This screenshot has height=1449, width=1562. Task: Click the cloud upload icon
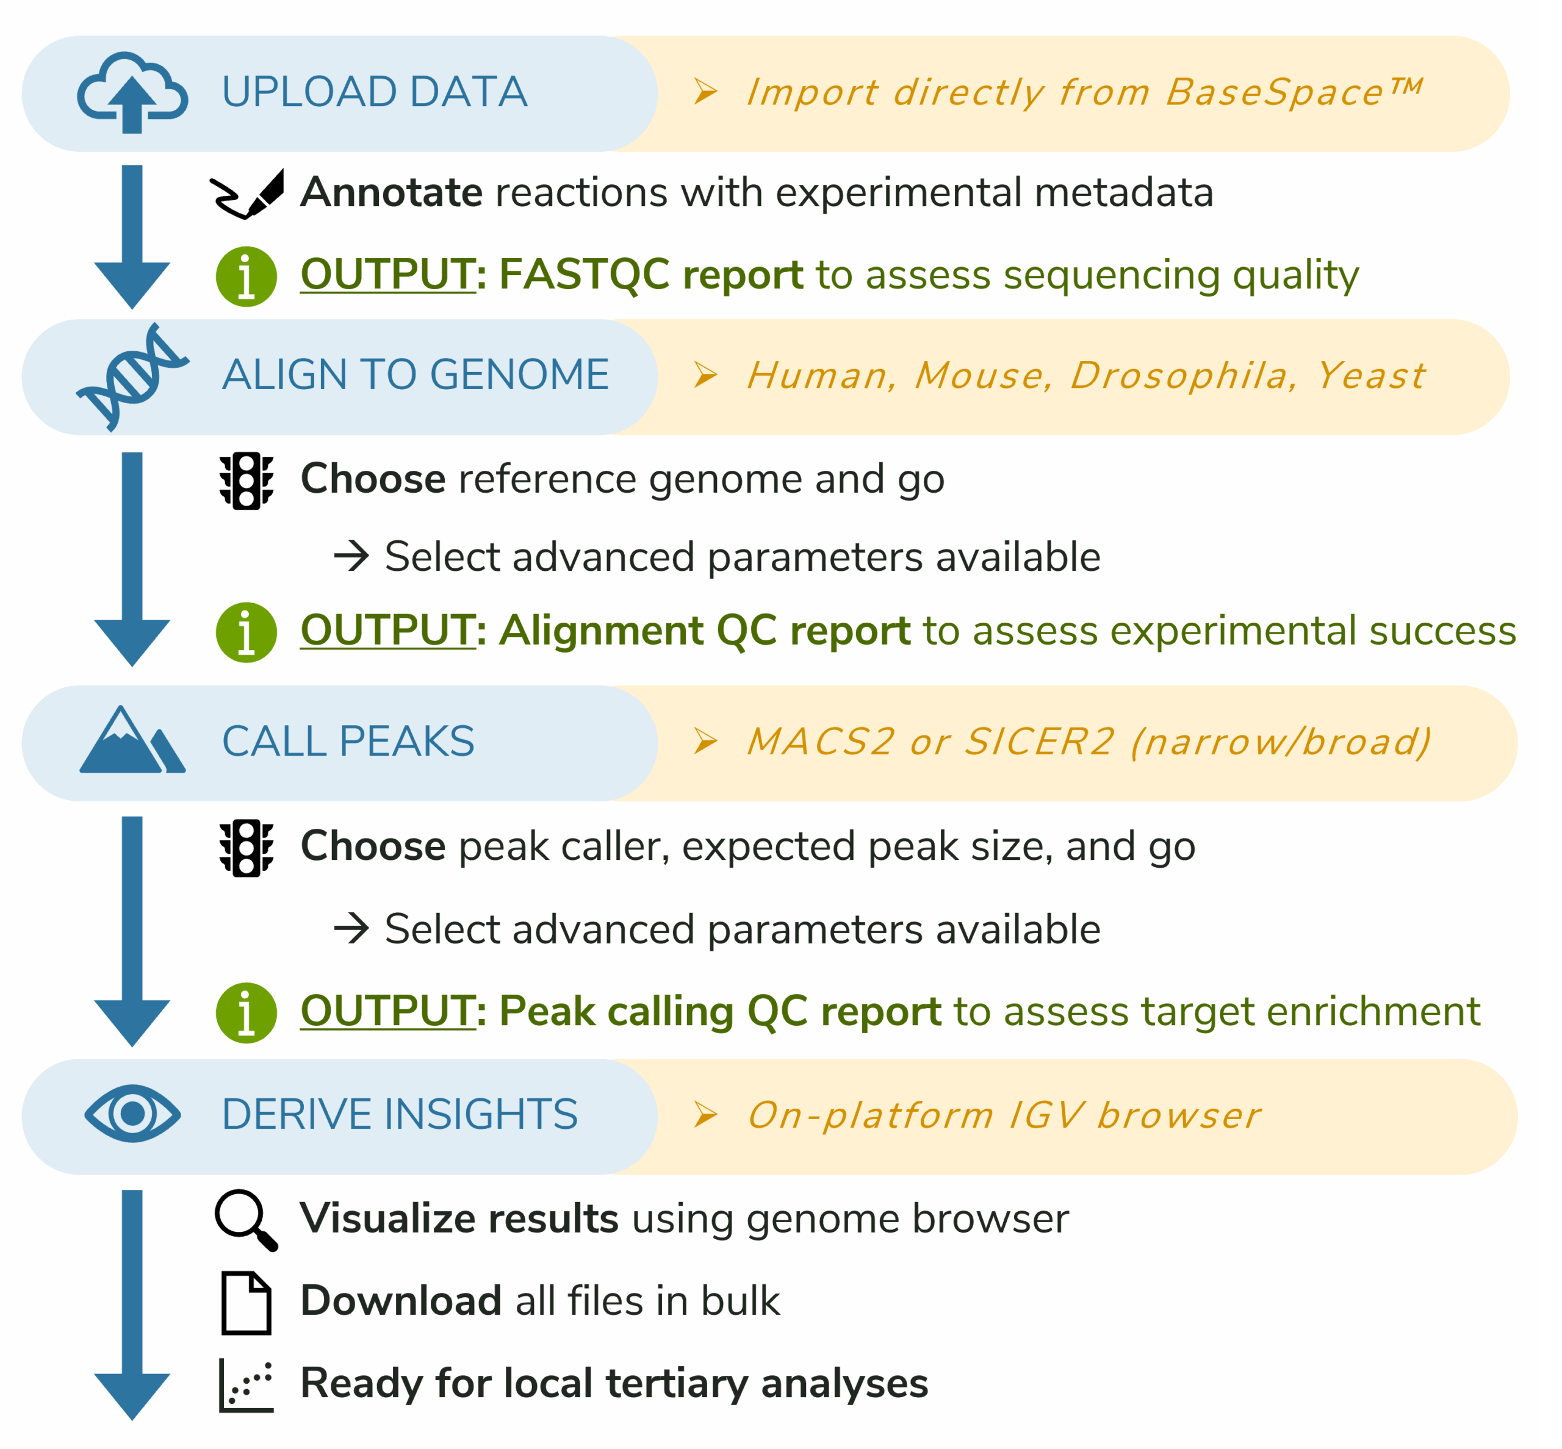[132, 93]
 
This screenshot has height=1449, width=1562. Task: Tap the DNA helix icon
[132, 376]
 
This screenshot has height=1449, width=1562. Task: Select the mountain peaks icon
[132, 741]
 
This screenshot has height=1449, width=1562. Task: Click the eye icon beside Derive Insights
[132, 1114]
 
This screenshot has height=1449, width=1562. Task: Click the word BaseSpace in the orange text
[1273, 93]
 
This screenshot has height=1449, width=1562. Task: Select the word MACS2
[819, 742]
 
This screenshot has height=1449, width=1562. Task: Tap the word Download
[401, 1301]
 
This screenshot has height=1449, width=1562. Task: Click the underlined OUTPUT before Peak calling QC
[387, 1011]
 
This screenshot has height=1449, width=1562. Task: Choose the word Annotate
[390, 193]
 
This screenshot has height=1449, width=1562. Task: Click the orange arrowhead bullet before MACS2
[705, 741]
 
